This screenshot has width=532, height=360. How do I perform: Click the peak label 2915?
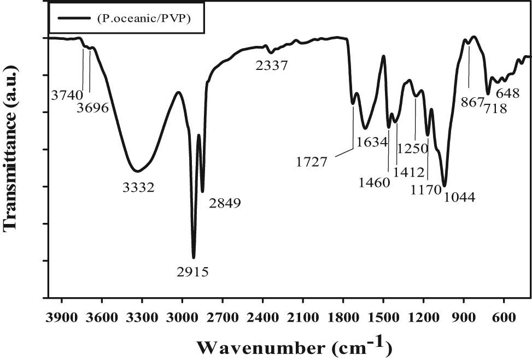(193, 271)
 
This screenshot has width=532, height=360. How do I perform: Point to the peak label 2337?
(272, 66)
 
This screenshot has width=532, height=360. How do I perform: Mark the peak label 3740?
(67, 95)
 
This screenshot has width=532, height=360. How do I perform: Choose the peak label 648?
(507, 93)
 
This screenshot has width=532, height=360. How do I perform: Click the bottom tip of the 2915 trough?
(194, 257)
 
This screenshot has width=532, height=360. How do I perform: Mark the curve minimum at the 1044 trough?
(445, 186)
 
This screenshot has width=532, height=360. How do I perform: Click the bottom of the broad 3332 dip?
(136, 170)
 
